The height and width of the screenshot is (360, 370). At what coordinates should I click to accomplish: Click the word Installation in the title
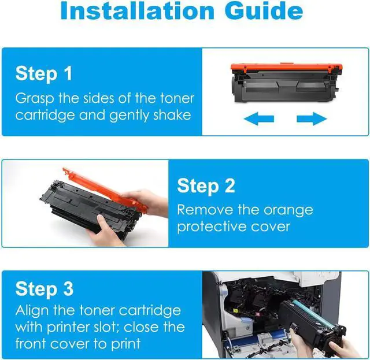tap(138, 10)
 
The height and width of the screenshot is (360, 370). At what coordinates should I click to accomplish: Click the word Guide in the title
tap(264, 10)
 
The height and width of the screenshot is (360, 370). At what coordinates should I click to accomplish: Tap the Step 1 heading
tap(44, 73)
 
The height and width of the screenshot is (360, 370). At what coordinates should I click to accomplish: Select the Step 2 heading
tap(206, 186)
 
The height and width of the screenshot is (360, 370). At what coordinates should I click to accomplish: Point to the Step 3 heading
tap(45, 288)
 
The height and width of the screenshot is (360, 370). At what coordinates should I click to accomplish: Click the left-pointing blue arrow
tap(258, 118)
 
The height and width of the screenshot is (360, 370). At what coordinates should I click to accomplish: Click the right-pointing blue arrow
tap(312, 118)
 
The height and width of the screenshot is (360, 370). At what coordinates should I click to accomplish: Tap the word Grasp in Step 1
tap(35, 99)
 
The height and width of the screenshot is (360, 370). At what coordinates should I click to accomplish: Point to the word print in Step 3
tap(125, 344)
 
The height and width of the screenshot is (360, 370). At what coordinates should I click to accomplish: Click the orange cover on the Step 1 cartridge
tap(287, 68)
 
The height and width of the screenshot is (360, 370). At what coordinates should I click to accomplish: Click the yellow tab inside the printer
tap(235, 311)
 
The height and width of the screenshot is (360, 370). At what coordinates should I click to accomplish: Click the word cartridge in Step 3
tap(150, 311)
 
